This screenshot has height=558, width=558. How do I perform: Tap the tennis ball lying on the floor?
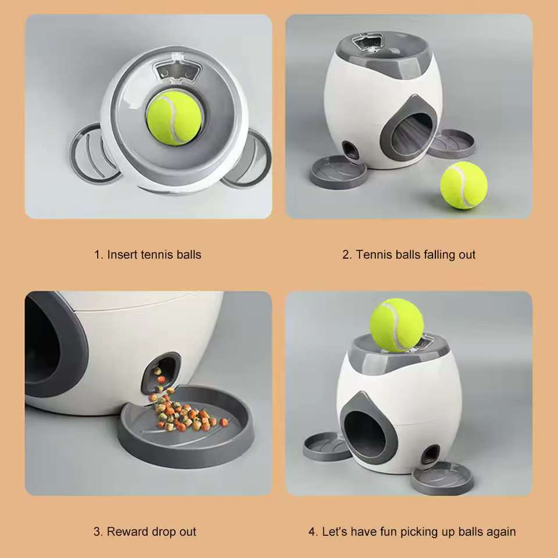pyautogui.click(x=463, y=185)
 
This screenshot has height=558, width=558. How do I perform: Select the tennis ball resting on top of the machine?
pyautogui.click(x=397, y=325)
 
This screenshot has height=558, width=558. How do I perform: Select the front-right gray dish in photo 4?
pyautogui.click(x=442, y=478)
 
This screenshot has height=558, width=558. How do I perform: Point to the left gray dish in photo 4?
pyautogui.click(x=327, y=446)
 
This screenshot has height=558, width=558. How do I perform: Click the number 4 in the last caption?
pyautogui.click(x=312, y=531)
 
